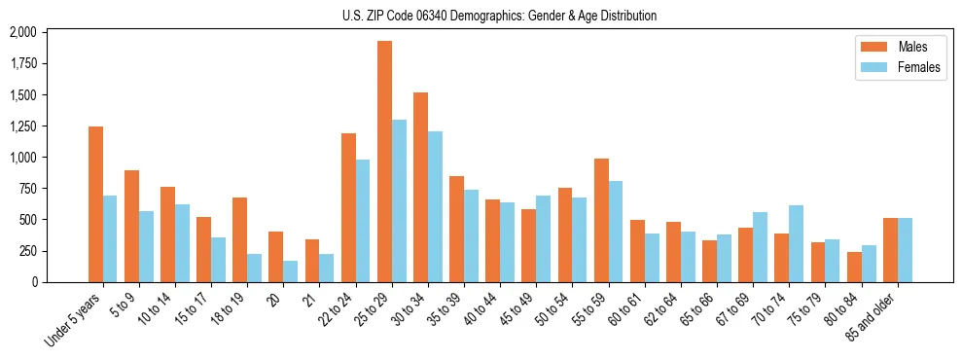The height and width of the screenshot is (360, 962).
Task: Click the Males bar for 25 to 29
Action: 384,162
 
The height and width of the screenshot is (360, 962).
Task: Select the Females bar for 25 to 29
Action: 399,200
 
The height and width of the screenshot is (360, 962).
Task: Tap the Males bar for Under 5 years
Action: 95,204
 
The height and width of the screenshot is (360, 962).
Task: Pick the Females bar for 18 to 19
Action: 254,268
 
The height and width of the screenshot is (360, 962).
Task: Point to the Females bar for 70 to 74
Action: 796,243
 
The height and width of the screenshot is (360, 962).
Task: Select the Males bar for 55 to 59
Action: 601,220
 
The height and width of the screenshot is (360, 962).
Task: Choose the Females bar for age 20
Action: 290,271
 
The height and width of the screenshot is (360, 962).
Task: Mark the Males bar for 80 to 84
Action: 854,267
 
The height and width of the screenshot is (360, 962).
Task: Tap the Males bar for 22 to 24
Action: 348,207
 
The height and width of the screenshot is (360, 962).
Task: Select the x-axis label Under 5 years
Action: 73,321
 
